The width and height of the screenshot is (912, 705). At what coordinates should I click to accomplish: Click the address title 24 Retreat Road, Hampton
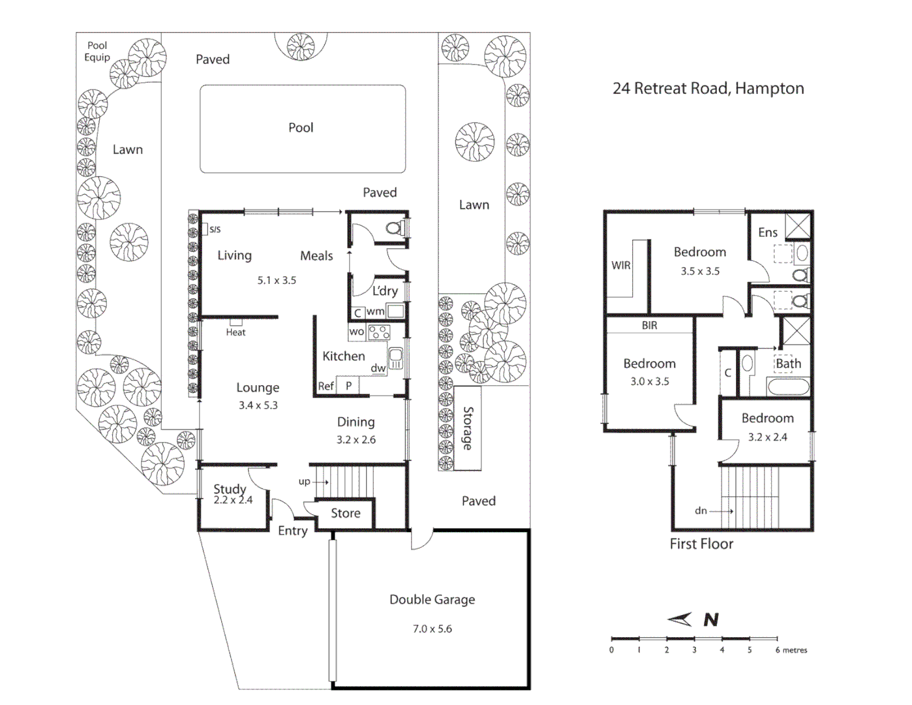[708, 88]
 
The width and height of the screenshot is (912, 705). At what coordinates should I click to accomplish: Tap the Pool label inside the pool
[301, 127]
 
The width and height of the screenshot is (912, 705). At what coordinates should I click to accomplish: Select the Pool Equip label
[97, 52]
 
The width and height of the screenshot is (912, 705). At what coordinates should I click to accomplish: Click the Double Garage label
[432, 599]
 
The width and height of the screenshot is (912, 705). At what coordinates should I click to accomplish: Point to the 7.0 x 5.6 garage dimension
[432, 629]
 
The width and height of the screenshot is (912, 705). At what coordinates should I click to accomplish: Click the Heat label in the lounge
[236, 332]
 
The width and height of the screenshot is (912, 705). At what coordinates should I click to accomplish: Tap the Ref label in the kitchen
[326, 386]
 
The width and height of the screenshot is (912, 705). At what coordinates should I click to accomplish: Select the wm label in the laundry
[375, 311]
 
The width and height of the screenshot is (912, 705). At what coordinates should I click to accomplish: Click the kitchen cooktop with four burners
[379, 332]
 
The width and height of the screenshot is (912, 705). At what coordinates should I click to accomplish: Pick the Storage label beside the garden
[468, 428]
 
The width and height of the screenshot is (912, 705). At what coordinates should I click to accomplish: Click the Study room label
[230, 488]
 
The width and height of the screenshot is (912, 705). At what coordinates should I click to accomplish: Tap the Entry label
[292, 531]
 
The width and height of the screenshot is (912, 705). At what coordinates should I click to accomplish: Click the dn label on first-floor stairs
[701, 510]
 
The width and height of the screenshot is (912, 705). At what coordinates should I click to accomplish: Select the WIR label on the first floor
[620, 265]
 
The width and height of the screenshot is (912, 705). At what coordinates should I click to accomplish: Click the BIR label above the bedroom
[649, 325]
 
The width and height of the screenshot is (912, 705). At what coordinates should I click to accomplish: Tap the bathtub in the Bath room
[788, 386]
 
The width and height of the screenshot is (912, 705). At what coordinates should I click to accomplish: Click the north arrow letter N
[711, 619]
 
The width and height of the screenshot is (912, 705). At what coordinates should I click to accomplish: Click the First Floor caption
[701, 544]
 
